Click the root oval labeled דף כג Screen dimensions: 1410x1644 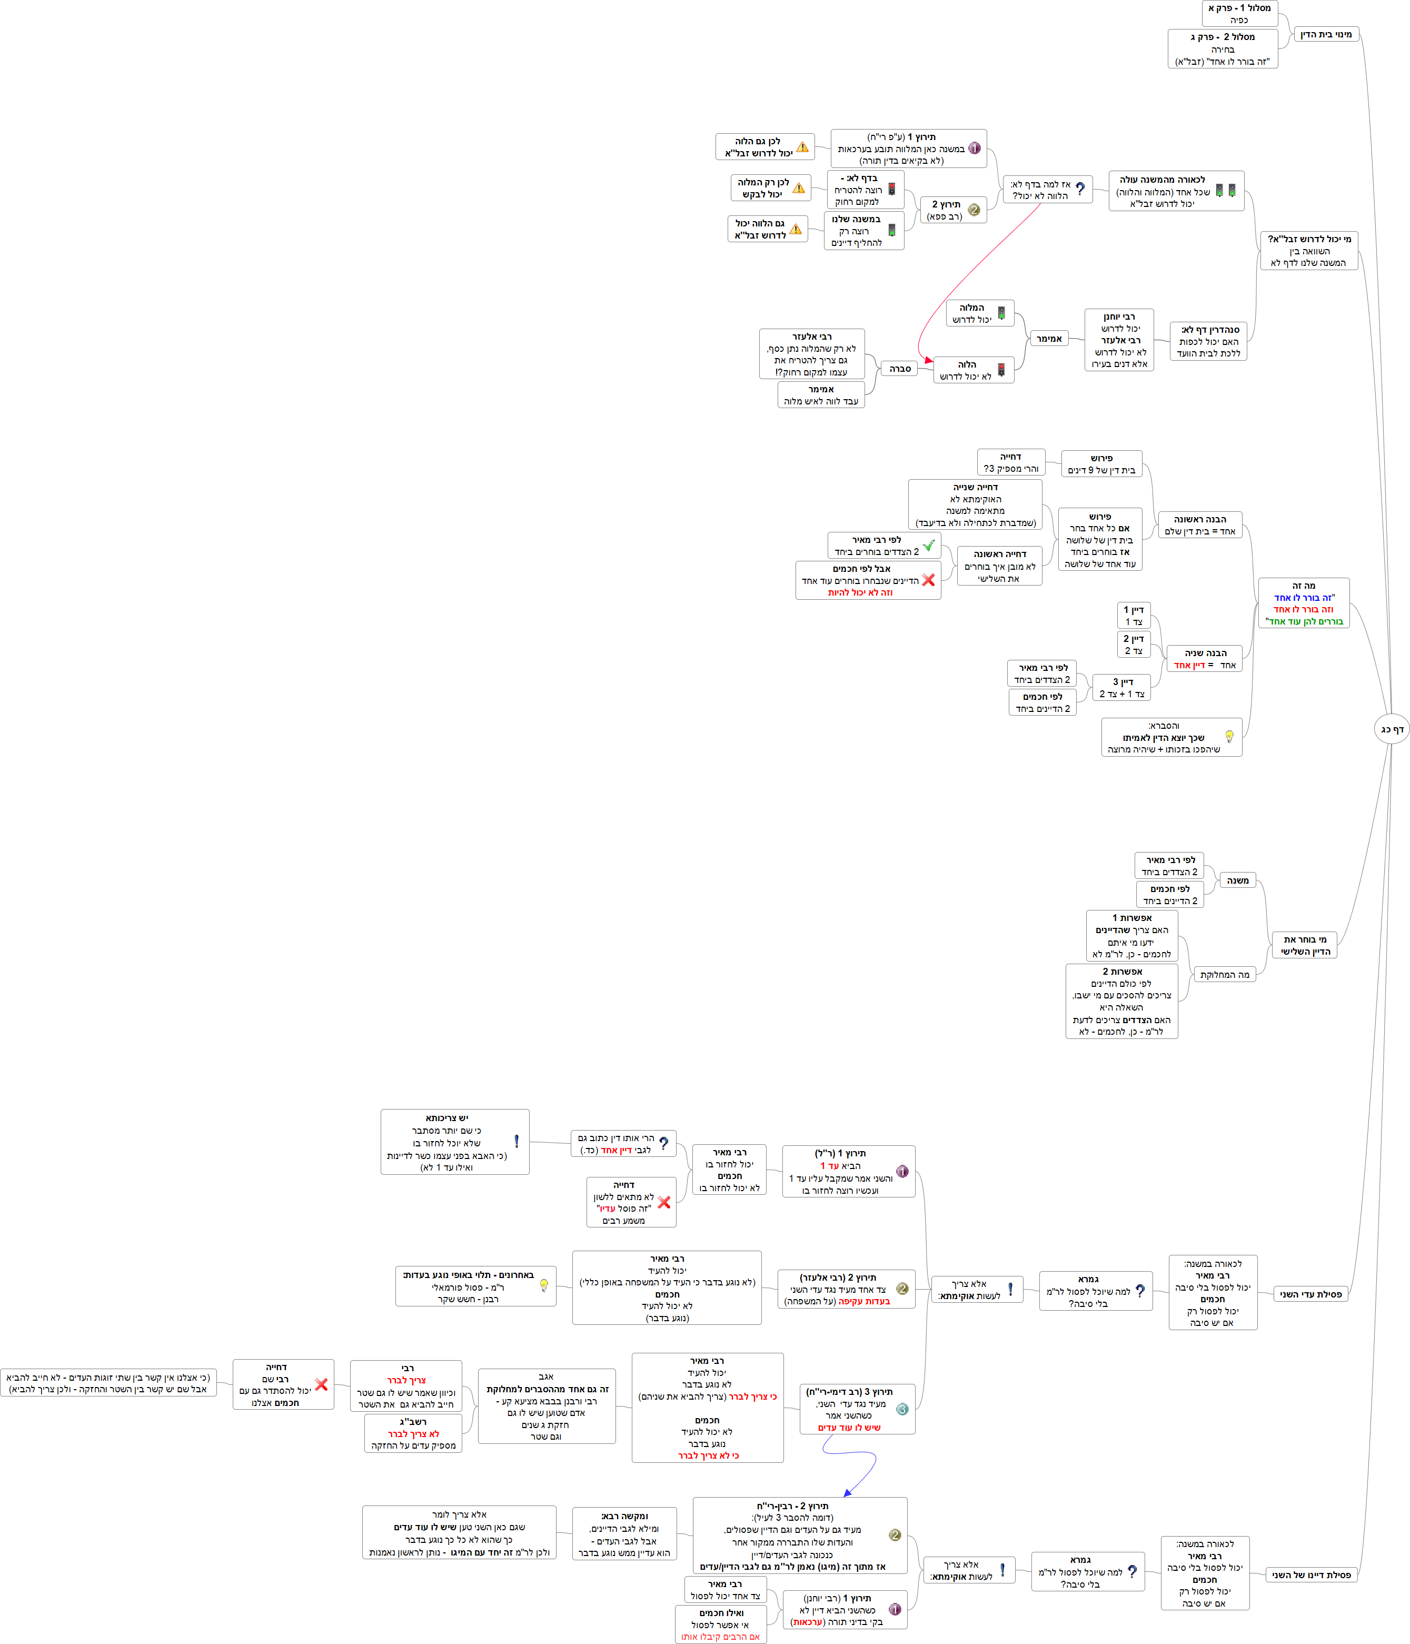[1392, 729]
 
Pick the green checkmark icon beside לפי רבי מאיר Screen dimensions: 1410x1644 [928, 546]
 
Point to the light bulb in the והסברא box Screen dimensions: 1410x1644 [1229, 736]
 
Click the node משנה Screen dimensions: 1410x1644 [1238, 880]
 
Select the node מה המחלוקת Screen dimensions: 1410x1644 [1224, 974]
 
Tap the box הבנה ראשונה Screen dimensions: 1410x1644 [1200, 525]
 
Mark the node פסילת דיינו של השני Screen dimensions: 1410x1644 [1311, 1575]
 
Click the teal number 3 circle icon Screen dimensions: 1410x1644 [902, 1409]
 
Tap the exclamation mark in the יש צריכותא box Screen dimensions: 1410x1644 [517, 1141]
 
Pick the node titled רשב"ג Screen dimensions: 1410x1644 [413, 1434]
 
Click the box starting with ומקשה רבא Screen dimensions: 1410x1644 [624, 1534]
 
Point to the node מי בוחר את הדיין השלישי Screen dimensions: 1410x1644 [1305, 945]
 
